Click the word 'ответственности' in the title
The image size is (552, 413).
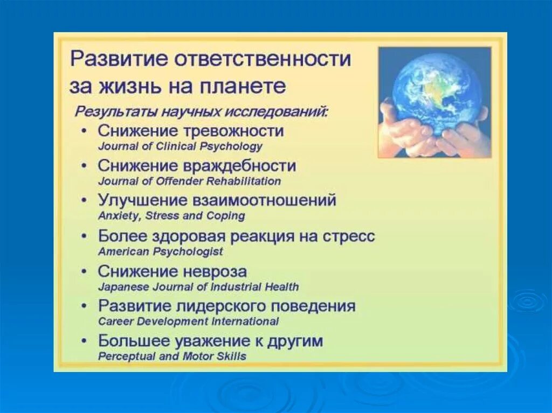[x=263, y=58]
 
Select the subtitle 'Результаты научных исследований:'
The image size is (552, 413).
[x=202, y=112]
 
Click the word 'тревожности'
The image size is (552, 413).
[x=234, y=131]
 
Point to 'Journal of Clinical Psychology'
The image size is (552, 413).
[x=180, y=146]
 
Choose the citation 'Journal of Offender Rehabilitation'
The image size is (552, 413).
[x=189, y=181]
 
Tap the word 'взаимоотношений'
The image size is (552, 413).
[x=264, y=200]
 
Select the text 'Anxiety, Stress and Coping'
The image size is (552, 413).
[x=171, y=215]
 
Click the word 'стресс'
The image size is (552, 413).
[x=349, y=236]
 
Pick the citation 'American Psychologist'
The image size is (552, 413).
[x=161, y=251]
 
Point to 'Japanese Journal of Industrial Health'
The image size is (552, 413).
[x=198, y=286]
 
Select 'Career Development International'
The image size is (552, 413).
[x=188, y=321]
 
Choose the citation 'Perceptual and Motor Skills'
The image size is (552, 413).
[x=172, y=356]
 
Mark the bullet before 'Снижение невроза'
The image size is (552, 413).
[x=84, y=272]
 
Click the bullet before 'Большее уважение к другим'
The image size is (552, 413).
[x=84, y=341]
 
